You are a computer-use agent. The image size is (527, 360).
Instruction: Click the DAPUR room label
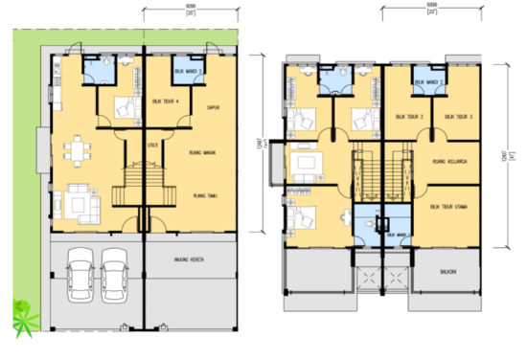tap(213, 107)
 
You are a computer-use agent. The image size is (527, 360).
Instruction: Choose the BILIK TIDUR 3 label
tap(459, 118)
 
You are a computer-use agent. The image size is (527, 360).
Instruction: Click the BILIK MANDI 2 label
tap(427, 82)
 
